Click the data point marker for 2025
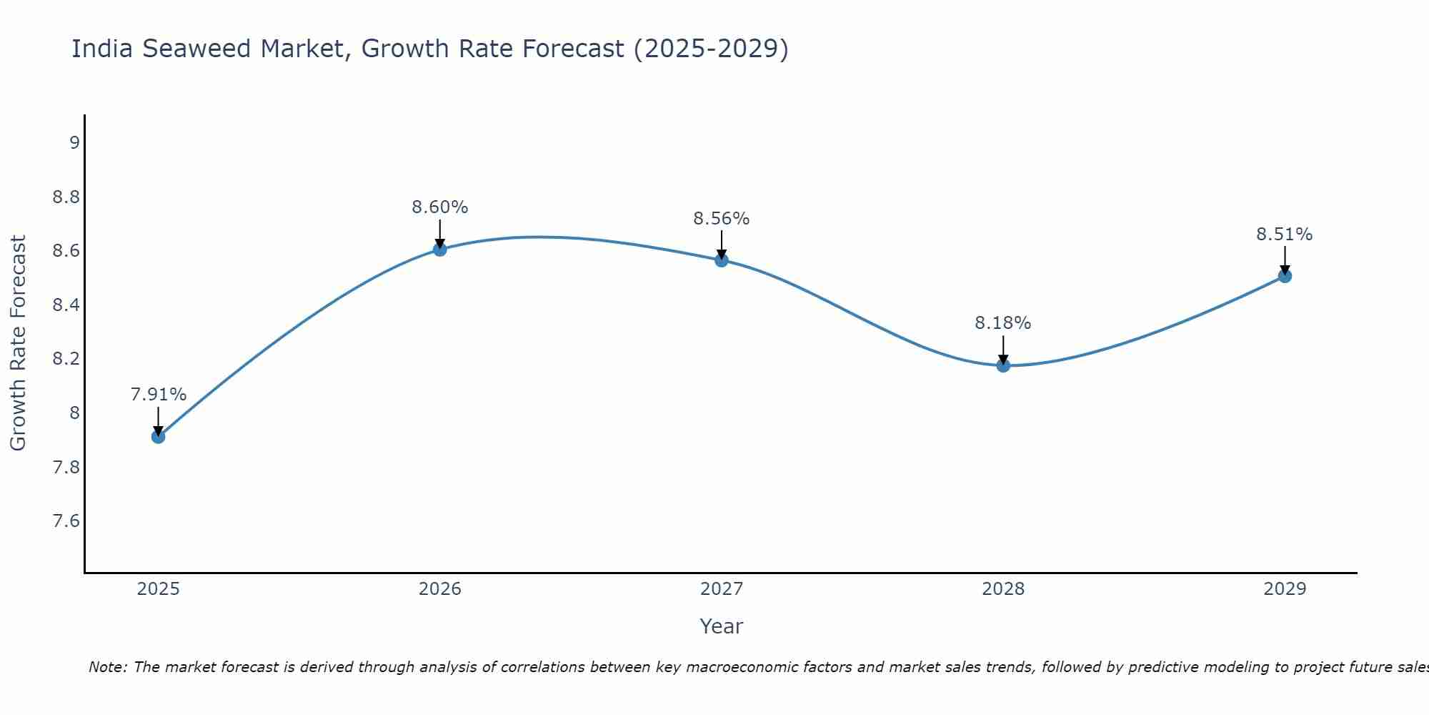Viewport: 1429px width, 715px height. pyautogui.click(x=159, y=436)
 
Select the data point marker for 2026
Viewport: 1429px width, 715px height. pyautogui.click(x=440, y=249)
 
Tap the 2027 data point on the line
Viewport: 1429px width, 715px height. pyautogui.click(x=722, y=260)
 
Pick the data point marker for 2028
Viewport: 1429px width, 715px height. pyautogui.click(x=1003, y=365)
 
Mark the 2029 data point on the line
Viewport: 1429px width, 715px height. pyautogui.click(x=1285, y=276)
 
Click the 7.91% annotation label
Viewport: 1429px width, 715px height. pyautogui.click(x=159, y=395)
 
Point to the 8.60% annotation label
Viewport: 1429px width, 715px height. pyautogui.click(x=440, y=207)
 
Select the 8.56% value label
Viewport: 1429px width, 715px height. pyautogui.click(x=722, y=219)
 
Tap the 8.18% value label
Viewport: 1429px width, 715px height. pyautogui.click(x=1003, y=323)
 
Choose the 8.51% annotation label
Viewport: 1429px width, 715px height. pyautogui.click(x=1285, y=235)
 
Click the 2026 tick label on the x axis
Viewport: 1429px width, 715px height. pyautogui.click(x=440, y=589)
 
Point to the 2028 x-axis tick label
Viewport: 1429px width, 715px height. pyautogui.click(x=1003, y=589)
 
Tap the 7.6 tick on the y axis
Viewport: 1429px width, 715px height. pyautogui.click(x=66, y=521)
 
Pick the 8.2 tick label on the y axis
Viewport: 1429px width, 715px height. pyautogui.click(x=66, y=359)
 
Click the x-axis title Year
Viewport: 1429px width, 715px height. pyautogui.click(x=722, y=626)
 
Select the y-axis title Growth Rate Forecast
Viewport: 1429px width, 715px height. pyautogui.click(x=19, y=343)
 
